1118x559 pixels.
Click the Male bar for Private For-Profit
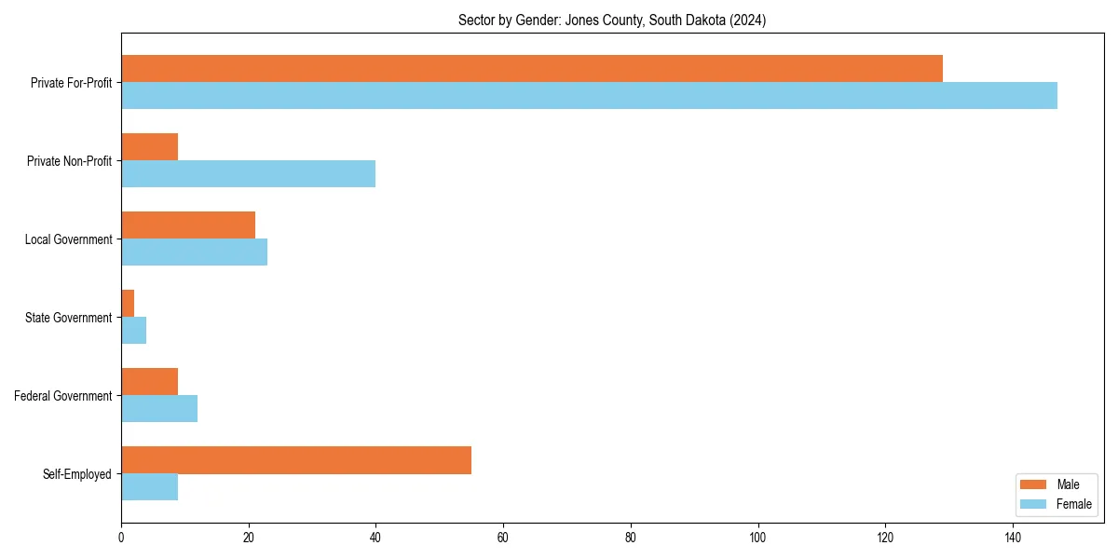[531, 68]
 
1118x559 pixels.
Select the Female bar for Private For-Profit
[589, 96]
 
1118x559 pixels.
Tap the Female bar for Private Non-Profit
[248, 174]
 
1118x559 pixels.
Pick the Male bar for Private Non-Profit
[149, 146]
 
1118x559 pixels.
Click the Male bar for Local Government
[187, 225]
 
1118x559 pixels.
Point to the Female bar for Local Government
[194, 252]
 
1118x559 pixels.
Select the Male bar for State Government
[128, 304]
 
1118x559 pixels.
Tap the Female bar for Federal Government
[159, 409]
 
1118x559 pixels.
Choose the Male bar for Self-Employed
[296, 460]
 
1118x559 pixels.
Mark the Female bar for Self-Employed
[149, 487]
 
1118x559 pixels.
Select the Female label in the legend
[1073, 504]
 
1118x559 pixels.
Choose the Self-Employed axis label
[76, 474]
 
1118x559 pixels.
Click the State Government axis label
[68, 318]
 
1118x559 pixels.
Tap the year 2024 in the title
[747, 20]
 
